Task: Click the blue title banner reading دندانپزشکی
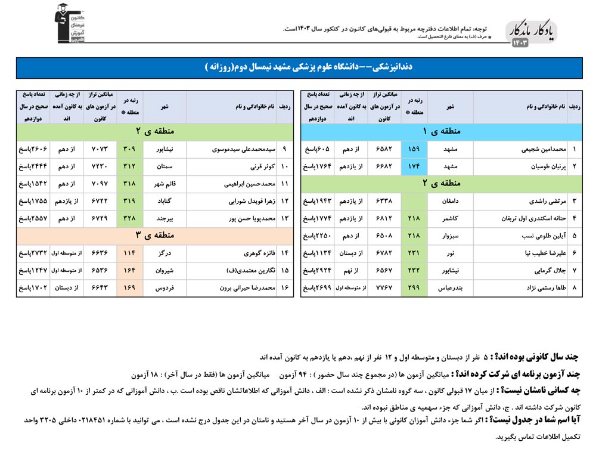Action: click(298, 67)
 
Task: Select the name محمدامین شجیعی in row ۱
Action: click(533, 149)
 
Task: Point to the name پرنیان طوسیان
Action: click(537, 166)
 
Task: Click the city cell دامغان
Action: click(450, 202)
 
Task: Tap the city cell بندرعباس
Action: click(450, 288)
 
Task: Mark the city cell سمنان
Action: click(164, 166)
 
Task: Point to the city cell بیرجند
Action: click(164, 219)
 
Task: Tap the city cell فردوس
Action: click(164, 288)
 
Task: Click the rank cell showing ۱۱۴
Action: click(129, 253)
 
